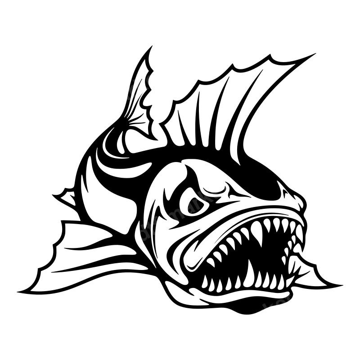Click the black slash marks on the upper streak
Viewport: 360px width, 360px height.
tap(134, 90)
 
